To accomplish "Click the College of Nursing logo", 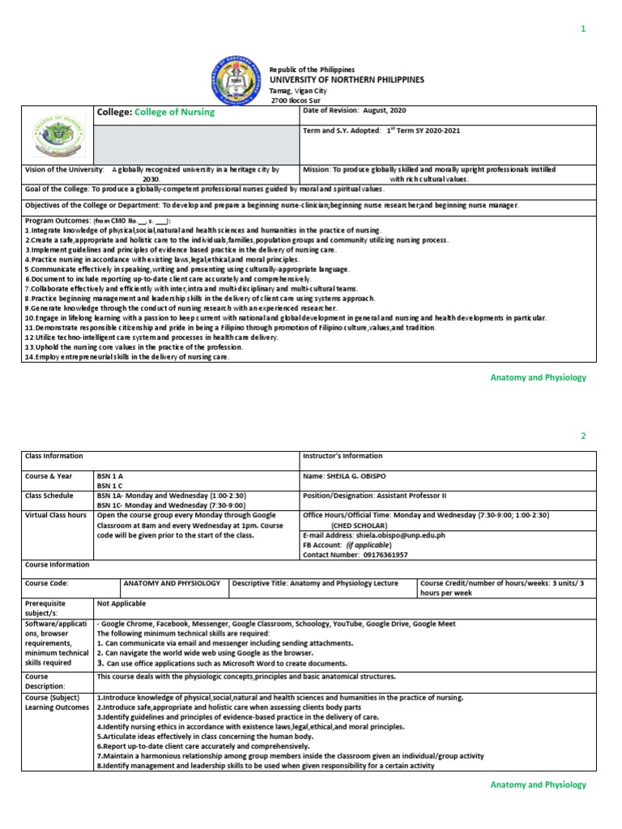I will (x=58, y=134).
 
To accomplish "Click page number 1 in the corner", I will (x=582, y=29).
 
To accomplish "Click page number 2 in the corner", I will (x=582, y=436).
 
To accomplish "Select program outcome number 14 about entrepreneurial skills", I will (x=127, y=357).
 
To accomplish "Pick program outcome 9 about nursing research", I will (x=181, y=308).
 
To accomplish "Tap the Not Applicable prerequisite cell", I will (x=122, y=603).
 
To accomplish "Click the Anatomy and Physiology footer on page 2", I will (x=539, y=784).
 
